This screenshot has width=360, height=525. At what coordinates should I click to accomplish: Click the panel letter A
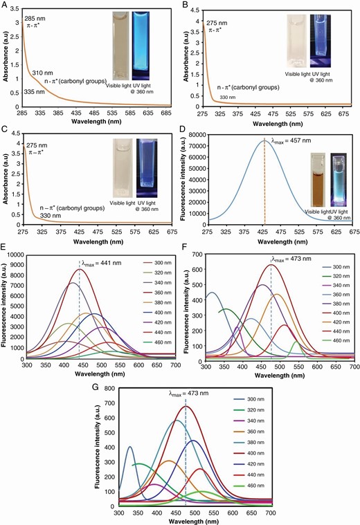[x=5, y=6]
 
